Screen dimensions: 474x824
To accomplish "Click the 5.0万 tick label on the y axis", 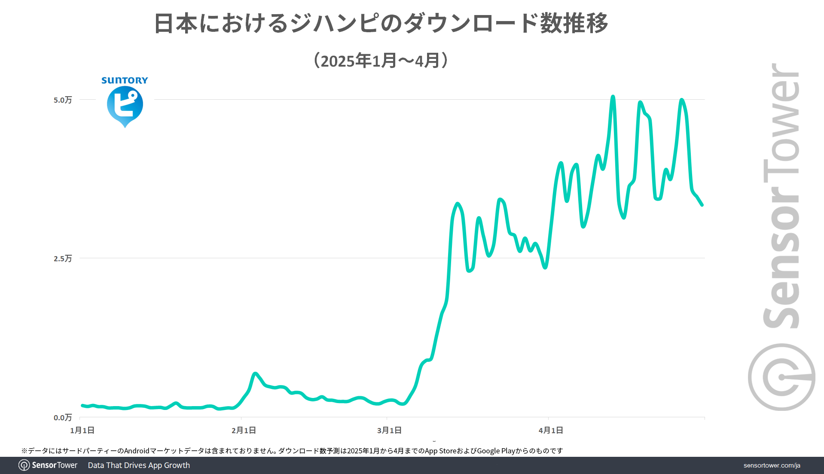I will tap(63, 100).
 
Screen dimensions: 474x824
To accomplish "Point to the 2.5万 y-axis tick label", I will tap(63, 259).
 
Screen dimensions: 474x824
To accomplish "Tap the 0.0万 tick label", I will tap(63, 418).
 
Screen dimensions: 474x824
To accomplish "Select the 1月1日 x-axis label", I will tap(82, 430).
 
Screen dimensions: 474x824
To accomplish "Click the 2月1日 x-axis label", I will tap(244, 430).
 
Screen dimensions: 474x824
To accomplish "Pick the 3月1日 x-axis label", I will tap(389, 430).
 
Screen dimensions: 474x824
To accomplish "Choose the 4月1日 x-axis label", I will tap(551, 430).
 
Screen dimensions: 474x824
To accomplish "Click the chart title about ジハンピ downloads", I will tap(381, 23).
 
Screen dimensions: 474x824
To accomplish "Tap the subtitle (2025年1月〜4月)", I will tap(381, 61).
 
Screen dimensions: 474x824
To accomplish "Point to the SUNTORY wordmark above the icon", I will tap(125, 80).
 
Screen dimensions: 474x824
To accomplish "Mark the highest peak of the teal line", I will tap(613, 97).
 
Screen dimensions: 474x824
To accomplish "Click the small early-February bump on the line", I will tap(255, 374).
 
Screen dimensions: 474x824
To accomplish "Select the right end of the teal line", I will tap(702, 205).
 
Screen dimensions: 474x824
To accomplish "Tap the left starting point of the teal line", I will tap(82, 405).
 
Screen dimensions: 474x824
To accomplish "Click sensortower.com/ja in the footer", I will tap(772, 465).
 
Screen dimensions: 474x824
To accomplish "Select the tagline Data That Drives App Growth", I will tap(139, 465).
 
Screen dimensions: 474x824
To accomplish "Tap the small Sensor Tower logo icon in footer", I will tap(24, 465).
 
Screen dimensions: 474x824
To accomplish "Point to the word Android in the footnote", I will tap(137, 451).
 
